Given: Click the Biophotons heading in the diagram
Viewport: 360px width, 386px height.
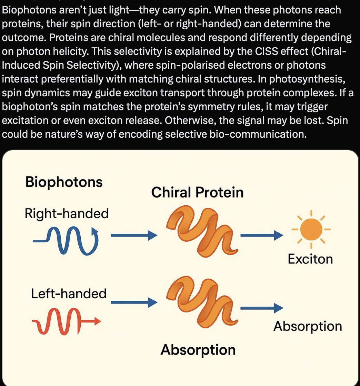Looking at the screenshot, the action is tap(64, 182).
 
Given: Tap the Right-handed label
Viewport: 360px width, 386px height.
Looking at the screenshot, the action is tap(67, 214).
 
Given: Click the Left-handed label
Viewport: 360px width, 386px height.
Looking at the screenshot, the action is tap(69, 294).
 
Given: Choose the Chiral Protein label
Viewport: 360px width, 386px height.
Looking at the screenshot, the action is tap(197, 192).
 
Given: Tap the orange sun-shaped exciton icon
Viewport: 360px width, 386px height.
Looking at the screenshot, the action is tap(311, 229).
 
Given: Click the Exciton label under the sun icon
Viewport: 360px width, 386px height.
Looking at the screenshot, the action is tap(310, 259).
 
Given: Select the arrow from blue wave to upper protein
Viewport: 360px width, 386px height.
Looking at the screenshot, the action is tap(134, 236).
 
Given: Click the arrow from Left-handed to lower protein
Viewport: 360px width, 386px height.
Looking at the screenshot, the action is tap(134, 302).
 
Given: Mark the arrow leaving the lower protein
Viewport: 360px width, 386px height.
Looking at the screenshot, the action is tap(261, 308).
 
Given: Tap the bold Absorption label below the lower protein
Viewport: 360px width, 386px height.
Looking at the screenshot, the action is tap(198, 350).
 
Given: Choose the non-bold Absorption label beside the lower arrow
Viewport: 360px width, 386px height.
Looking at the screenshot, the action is tap(308, 326).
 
